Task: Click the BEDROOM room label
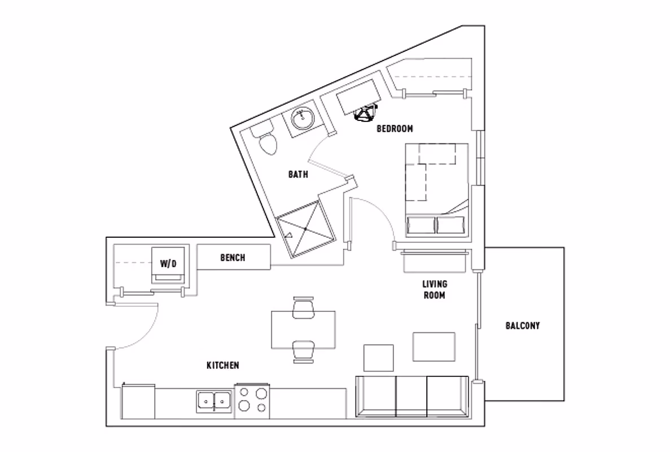pyautogui.click(x=395, y=129)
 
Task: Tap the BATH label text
pyautogui.click(x=298, y=175)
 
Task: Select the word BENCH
pyautogui.click(x=232, y=258)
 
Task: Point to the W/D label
pyautogui.click(x=168, y=263)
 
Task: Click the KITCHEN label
pyautogui.click(x=222, y=366)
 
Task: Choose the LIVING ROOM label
pyautogui.click(x=434, y=289)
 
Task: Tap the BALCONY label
pyautogui.click(x=522, y=325)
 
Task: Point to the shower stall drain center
pyautogui.click(x=305, y=227)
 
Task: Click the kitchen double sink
pyautogui.click(x=214, y=402)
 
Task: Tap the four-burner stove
pyautogui.click(x=252, y=401)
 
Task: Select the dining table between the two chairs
pyautogui.click(x=303, y=329)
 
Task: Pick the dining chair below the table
pyautogui.click(x=303, y=351)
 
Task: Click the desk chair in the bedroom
pyautogui.click(x=365, y=115)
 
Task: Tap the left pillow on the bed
pyautogui.click(x=422, y=224)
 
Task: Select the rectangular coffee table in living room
pyautogui.click(x=433, y=347)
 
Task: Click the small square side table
pyautogui.click(x=378, y=358)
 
